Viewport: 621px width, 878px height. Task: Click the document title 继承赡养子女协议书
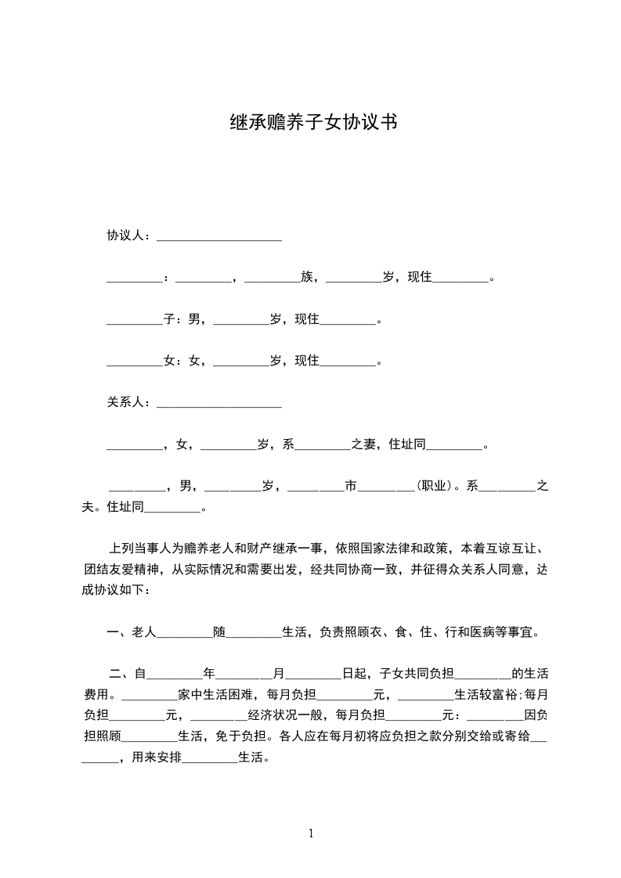pyautogui.click(x=310, y=122)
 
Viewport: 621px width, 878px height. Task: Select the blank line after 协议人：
pyautogui.click(x=219, y=237)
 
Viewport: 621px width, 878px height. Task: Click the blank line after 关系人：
pyautogui.click(x=219, y=404)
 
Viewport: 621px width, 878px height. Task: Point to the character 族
pyautogui.click(x=306, y=277)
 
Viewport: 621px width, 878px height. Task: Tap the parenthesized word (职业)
pyautogui.click(x=435, y=486)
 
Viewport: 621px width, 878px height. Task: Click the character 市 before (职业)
pyautogui.click(x=351, y=486)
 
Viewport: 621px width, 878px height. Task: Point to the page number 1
pyautogui.click(x=311, y=833)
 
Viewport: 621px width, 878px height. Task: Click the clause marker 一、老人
pyautogui.click(x=131, y=632)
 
